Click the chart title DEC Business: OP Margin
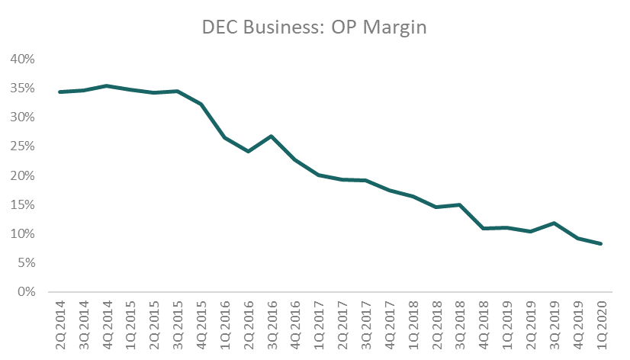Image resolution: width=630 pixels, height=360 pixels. (x=315, y=28)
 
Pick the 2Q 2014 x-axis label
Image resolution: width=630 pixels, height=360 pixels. (x=60, y=324)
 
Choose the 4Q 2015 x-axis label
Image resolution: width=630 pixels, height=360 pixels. (x=201, y=324)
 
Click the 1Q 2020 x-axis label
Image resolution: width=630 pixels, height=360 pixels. (x=602, y=324)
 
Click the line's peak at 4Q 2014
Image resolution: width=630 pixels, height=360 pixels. (x=108, y=86)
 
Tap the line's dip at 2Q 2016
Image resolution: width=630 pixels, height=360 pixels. (x=249, y=151)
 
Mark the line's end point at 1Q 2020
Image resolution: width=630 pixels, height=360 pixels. (x=602, y=244)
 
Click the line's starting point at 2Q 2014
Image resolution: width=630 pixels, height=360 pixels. (x=60, y=92)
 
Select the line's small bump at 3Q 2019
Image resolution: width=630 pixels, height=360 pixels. (x=554, y=223)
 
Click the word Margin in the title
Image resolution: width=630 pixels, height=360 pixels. (x=392, y=28)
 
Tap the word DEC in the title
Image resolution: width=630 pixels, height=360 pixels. (x=218, y=28)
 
